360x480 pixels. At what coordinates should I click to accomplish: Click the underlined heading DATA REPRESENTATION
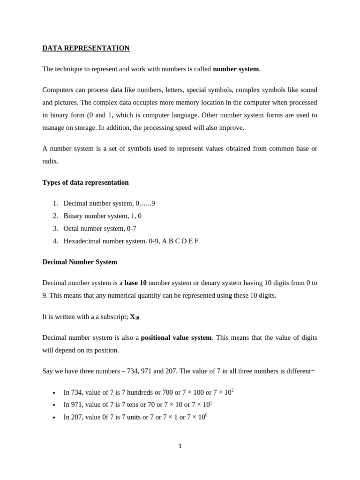[x=86, y=48]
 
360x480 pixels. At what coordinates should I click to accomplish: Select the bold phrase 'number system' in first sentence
[x=236, y=69]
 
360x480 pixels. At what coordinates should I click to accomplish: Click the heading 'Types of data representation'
[x=85, y=182]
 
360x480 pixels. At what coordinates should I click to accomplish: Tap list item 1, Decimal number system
[x=109, y=203]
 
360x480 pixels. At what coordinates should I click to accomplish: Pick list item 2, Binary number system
[x=102, y=216]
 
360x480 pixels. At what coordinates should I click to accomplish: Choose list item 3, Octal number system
[x=100, y=229]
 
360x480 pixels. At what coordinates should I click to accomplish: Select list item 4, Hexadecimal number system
[x=131, y=241]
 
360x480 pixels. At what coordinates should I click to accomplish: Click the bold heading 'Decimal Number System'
[x=80, y=262]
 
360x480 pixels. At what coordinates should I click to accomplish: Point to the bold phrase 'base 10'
[x=135, y=283]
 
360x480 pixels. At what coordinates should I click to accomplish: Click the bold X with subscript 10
[x=134, y=317]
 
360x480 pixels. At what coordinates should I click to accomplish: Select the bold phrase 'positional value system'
[x=176, y=337]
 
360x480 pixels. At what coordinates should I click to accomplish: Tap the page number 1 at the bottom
[x=180, y=446]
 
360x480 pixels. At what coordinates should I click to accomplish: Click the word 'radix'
[x=50, y=161]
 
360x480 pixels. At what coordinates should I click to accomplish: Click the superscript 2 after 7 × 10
[x=232, y=390]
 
